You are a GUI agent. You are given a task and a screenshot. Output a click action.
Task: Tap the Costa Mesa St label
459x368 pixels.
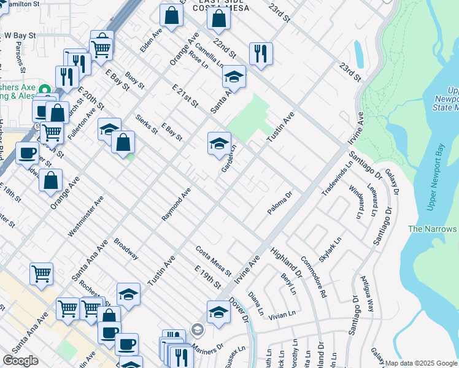tap(213, 261)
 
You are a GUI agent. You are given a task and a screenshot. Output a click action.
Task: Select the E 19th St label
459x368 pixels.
tap(207, 278)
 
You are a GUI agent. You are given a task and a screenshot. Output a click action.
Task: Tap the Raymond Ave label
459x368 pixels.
tap(176, 204)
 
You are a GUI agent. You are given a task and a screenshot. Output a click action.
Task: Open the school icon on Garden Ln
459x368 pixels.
tap(219, 144)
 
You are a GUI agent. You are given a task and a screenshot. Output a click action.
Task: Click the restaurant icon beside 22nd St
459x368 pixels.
tap(261, 53)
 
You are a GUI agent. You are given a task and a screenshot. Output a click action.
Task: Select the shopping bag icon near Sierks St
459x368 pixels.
tap(123, 142)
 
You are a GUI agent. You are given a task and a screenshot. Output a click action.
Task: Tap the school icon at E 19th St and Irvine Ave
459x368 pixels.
tap(218, 312)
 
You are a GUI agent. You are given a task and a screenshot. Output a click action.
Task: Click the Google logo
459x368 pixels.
tap(20, 361)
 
